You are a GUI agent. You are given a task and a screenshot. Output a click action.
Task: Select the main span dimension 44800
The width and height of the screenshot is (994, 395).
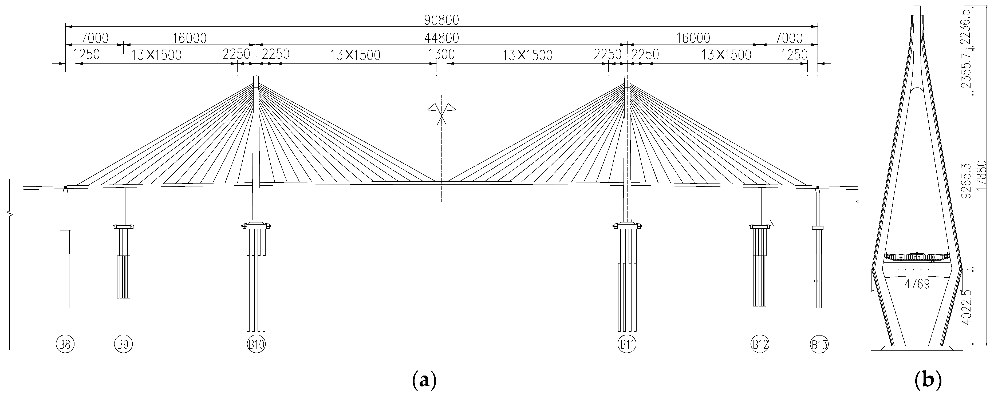point(441,38)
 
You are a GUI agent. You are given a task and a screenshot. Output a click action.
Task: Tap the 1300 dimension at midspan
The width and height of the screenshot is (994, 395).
point(441,54)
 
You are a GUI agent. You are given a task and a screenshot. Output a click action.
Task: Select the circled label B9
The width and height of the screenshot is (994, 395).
point(123,344)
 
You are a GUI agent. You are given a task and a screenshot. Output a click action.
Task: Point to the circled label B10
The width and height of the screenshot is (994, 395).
point(256,344)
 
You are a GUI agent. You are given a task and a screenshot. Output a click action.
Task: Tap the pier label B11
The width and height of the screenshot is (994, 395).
point(627,344)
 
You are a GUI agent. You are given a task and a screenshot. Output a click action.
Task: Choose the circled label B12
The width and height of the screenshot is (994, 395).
point(760,344)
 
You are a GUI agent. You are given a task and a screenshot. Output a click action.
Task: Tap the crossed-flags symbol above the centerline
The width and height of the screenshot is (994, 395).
point(441,112)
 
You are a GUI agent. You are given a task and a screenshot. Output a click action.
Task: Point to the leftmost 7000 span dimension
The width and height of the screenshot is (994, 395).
point(94,38)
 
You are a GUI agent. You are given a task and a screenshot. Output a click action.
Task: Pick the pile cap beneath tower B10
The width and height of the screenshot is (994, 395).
point(256,226)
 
